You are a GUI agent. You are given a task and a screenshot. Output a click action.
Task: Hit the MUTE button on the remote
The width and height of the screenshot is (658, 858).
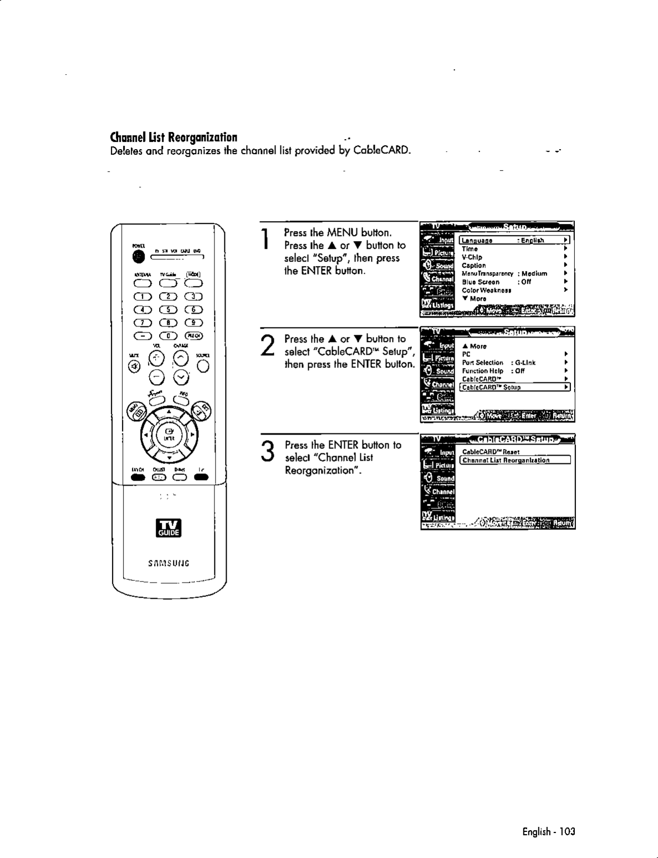pyautogui.click(x=134, y=366)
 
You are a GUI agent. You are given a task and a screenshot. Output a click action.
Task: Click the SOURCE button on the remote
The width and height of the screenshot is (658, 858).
pyautogui.click(x=203, y=366)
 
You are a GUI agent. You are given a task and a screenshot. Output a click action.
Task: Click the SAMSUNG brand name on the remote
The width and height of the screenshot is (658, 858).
pyautogui.click(x=169, y=564)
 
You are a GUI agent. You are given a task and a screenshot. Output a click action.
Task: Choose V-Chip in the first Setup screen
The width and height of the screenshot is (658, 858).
pyautogui.click(x=472, y=257)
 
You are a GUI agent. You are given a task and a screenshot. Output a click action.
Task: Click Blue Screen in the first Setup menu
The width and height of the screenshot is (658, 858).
pyautogui.click(x=481, y=282)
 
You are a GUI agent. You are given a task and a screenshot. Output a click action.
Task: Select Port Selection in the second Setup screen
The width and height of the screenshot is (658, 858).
pyautogui.click(x=483, y=362)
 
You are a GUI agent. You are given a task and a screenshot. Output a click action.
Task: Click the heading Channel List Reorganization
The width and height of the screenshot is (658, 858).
pyautogui.click(x=174, y=137)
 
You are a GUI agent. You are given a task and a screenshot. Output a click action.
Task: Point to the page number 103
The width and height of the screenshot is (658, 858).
pyautogui.click(x=567, y=831)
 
